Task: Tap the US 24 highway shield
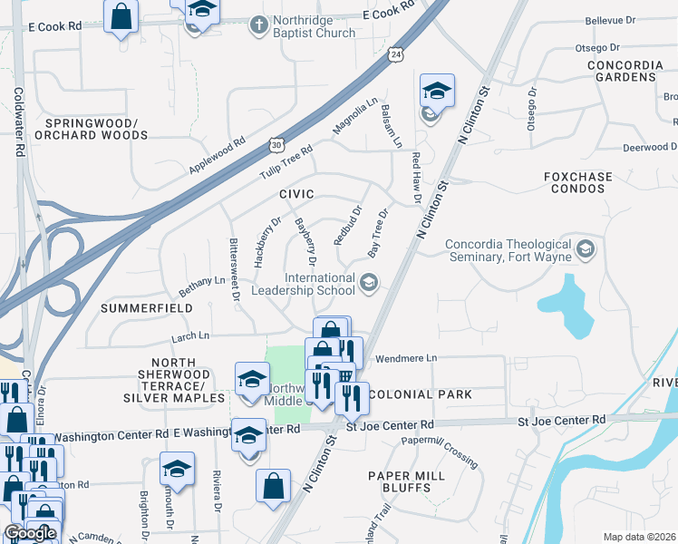pyautogui.click(x=396, y=55)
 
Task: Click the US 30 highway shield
pyautogui.click(x=276, y=145)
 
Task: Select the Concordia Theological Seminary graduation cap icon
pyautogui.click(x=586, y=249)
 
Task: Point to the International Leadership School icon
pyautogui.click(x=368, y=284)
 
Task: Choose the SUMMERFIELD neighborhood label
pyautogui.click(x=147, y=308)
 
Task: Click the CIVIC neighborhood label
pyautogui.click(x=296, y=194)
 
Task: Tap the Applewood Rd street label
pyautogui.click(x=218, y=157)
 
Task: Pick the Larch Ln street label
pyautogui.click(x=190, y=336)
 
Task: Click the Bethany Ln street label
pyautogui.click(x=201, y=286)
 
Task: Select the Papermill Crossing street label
pyautogui.click(x=440, y=451)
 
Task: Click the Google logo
pyautogui.click(x=30, y=533)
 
